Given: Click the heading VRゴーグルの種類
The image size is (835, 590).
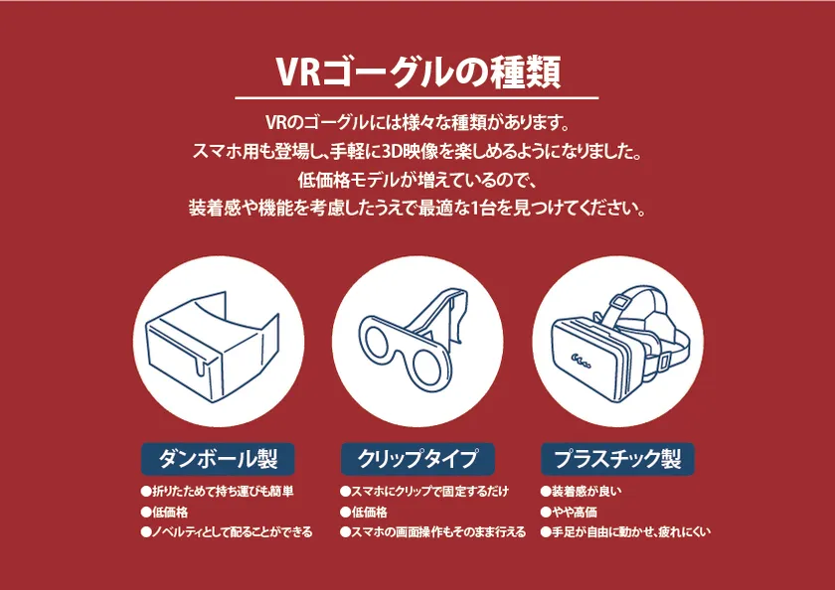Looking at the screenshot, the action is (418, 72).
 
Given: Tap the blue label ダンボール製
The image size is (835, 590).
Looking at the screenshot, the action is (218, 459).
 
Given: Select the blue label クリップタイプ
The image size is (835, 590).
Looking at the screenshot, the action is (417, 459).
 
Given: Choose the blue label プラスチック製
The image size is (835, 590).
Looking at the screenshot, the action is (617, 459).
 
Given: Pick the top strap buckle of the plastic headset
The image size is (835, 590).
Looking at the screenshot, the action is (617, 303).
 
